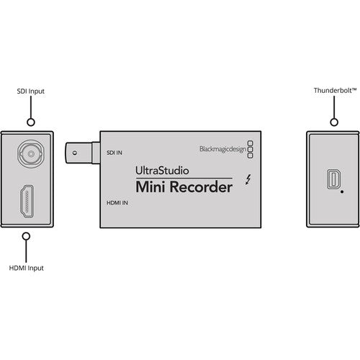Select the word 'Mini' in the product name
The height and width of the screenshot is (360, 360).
155,189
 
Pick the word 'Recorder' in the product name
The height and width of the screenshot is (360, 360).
204,189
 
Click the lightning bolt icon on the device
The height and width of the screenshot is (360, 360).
248,181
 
